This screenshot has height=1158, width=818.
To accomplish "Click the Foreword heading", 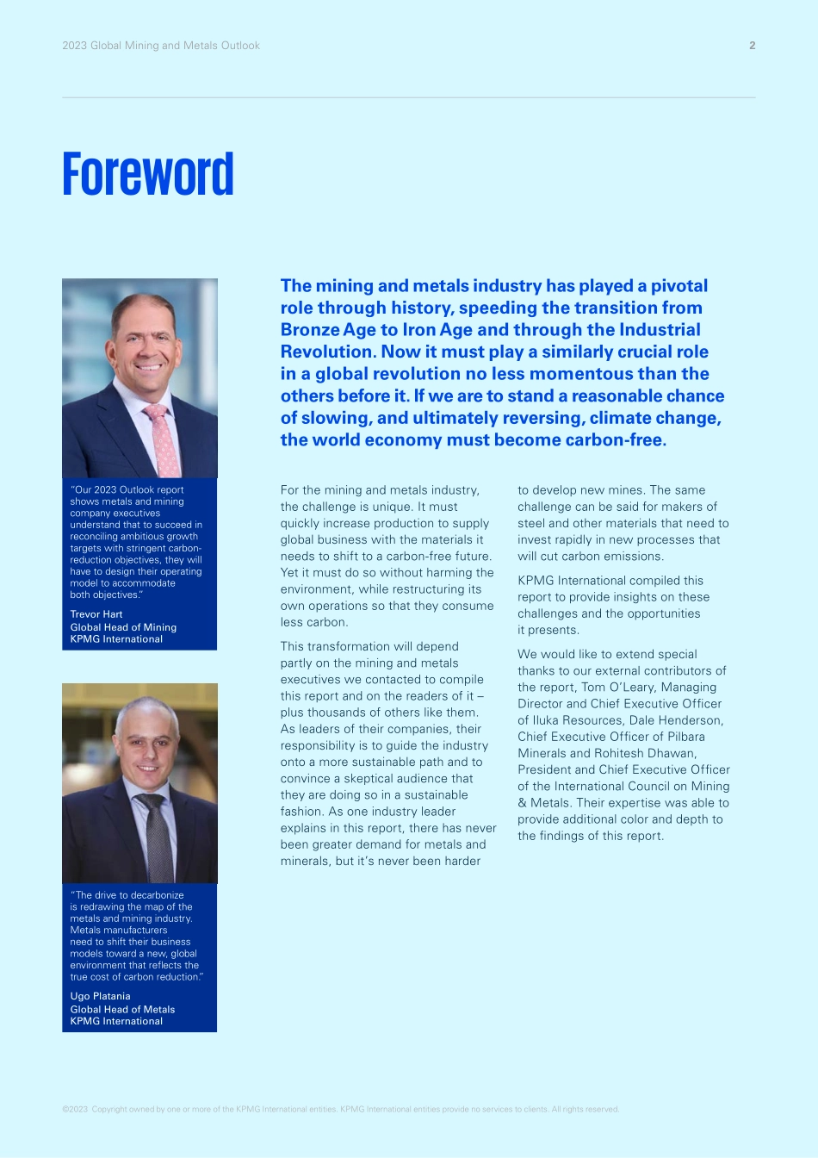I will pyautogui.click(x=148, y=175).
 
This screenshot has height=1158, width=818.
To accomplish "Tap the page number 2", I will pyautogui.click(x=752, y=46).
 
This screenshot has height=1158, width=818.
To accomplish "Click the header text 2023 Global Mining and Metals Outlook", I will pyautogui.click(x=161, y=46).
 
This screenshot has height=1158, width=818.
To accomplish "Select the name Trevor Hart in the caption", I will pyautogui.click(x=96, y=614).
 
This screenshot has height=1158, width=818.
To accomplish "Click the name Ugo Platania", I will pyautogui.click(x=100, y=996).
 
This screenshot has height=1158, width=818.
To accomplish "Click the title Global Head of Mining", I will pyautogui.click(x=123, y=627).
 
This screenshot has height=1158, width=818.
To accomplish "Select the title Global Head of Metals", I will pyautogui.click(x=122, y=1009).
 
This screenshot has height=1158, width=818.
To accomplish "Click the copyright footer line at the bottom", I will pyautogui.click(x=340, y=1109).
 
